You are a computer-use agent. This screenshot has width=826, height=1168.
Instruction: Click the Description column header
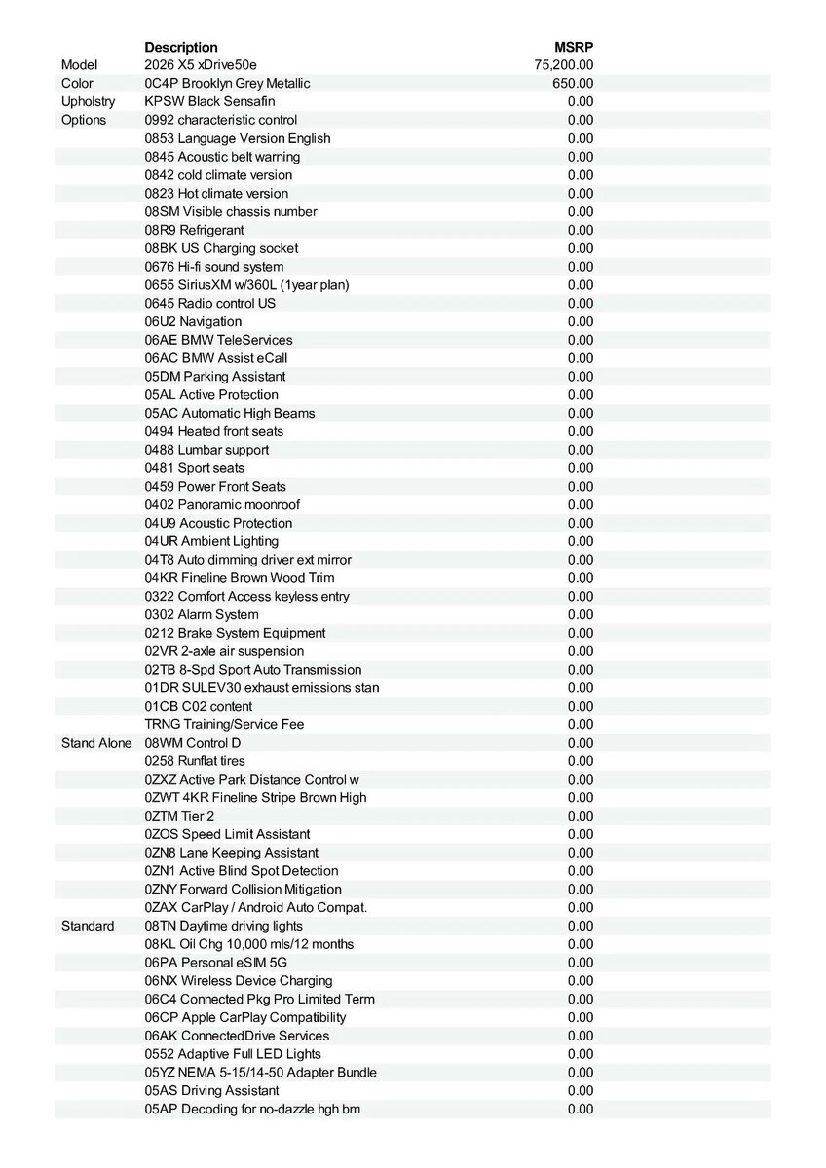tap(181, 47)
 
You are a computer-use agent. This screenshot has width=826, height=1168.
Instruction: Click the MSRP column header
tap(574, 47)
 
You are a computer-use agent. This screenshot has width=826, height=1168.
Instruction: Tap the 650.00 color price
tap(573, 84)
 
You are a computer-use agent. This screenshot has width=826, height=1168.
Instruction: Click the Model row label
tap(80, 65)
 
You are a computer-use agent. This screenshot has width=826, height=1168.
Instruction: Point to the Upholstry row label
tap(88, 101)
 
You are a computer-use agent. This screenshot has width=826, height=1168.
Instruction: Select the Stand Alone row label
tap(95, 743)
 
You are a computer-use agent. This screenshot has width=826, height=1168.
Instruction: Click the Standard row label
tap(88, 926)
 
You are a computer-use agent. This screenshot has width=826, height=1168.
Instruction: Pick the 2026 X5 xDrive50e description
tap(201, 65)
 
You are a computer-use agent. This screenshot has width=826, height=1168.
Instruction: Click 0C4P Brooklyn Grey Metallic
tap(227, 84)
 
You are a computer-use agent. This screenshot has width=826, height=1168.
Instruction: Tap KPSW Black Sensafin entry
tap(209, 101)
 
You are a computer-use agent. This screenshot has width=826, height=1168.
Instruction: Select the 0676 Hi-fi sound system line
tap(214, 267)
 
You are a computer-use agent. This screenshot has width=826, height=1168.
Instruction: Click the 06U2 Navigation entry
tap(193, 321)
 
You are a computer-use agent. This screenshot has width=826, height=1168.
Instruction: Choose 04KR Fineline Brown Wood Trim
tap(240, 578)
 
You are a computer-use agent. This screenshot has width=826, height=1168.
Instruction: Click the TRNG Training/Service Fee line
tap(224, 724)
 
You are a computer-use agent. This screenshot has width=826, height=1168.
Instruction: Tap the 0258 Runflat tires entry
tap(195, 761)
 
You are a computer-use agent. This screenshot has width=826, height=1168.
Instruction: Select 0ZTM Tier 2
tap(179, 816)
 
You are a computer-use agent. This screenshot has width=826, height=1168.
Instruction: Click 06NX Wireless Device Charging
tap(239, 981)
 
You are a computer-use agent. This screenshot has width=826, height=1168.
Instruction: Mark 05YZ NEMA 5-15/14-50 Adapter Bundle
tap(261, 1073)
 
